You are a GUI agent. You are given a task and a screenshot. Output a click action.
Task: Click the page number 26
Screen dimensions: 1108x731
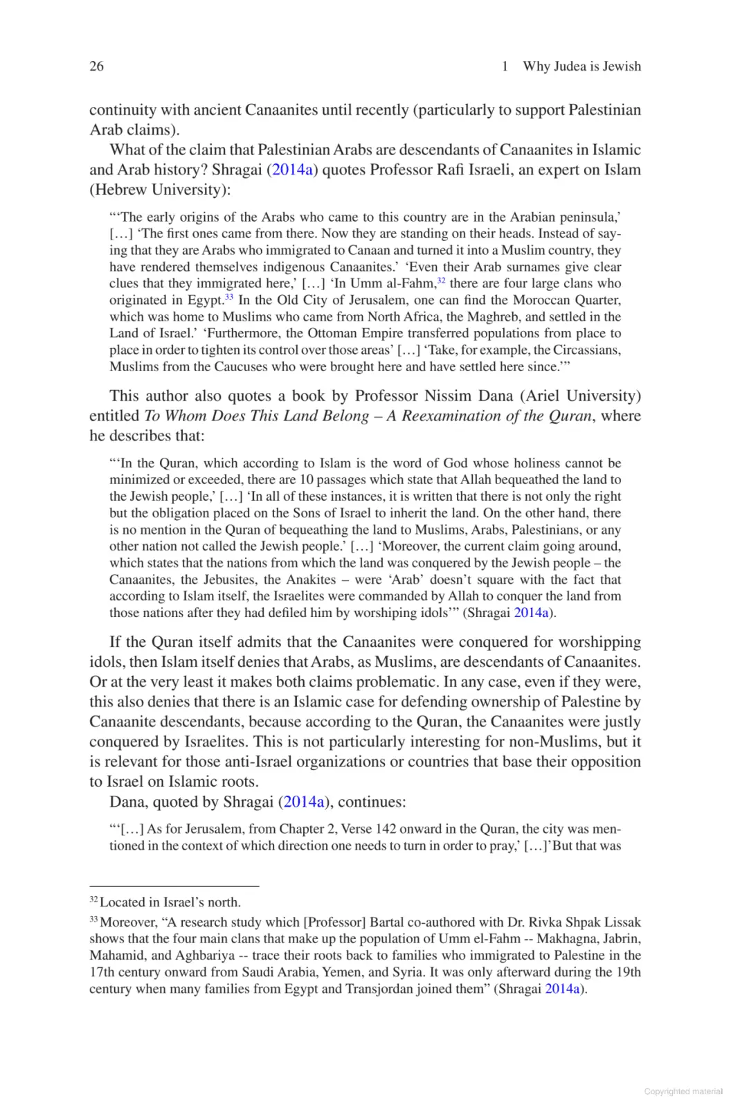pyautogui.click(x=97, y=66)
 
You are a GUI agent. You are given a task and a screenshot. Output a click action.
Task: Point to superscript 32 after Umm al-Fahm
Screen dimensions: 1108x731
pyautogui.click(x=441, y=280)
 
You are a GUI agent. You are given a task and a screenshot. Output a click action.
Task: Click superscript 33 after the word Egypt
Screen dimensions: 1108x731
pyautogui.click(x=229, y=297)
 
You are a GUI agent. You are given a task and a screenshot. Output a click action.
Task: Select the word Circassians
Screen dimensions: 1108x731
pyautogui.click(x=586, y=350)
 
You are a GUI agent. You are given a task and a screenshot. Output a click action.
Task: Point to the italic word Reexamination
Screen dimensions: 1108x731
pyautogui.click(x=454, y=416)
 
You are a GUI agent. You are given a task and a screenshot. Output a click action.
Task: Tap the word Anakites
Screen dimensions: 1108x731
pyautogui.click(x=315, y=580)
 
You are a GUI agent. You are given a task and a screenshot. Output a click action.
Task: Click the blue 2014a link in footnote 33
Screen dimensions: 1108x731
pyautogui.click(x=563, y=989)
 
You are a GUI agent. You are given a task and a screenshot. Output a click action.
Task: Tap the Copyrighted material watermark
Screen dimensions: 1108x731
pyautogui.click(x=683, y=1091)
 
